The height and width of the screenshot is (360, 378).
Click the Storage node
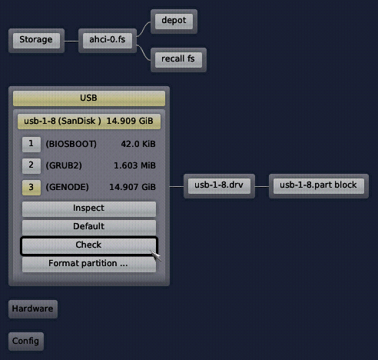click(x=36, y=41)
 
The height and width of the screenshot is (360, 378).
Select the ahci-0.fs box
click(x=108, y=41)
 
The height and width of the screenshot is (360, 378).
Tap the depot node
click(x=174, y=22)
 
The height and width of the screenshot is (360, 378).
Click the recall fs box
click(x=178, y=60)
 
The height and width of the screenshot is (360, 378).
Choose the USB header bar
click(x=89, y=98)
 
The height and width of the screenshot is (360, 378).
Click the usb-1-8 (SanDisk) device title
click(x=89, y=122)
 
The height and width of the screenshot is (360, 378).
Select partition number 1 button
click(x=31, y=145)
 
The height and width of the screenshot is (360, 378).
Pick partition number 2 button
click(x=31, y=166)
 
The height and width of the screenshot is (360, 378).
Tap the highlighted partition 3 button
click(x=31, y=188)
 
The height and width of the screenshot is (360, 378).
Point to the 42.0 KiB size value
click(x=138, y=144)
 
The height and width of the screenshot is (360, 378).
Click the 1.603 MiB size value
click(x=134, y=165)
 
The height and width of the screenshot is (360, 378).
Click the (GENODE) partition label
click(x=67, y=187)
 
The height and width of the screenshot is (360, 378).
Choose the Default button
click(x=89, y=227)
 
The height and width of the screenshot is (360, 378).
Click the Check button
click(x=88, y=245)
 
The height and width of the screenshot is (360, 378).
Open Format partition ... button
click(x=89, y=264)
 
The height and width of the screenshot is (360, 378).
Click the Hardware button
click(x=33, y=309)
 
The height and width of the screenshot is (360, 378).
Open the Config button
click(x=26, y=342)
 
